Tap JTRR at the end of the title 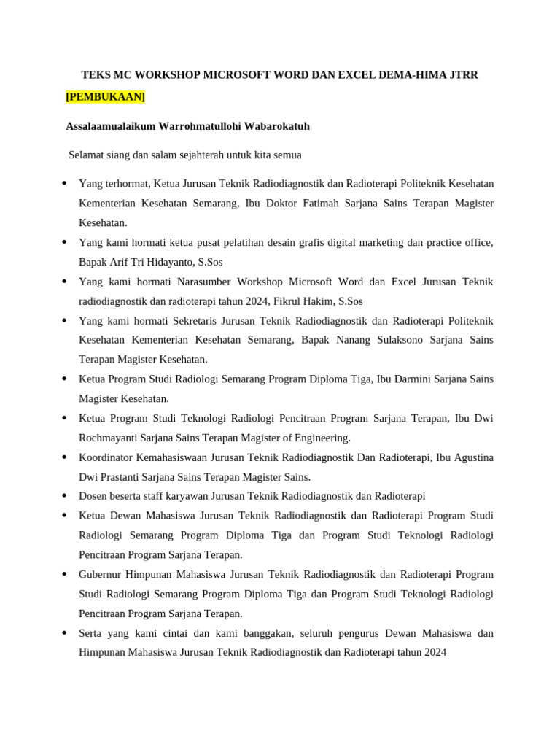tap(462, 74)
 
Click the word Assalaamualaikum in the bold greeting tap(111, 126)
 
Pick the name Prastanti tap(122, 477)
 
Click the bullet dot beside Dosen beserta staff tap(64, 496)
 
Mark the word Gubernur tap(102, 574)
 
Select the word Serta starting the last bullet tap(91, 633)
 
